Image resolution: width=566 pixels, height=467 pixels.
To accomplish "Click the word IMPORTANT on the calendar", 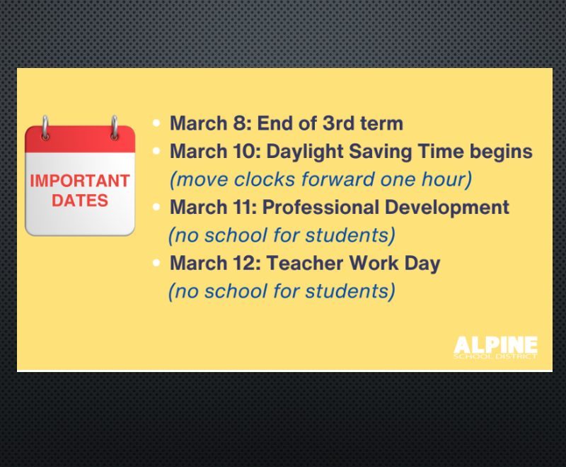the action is (80, 181).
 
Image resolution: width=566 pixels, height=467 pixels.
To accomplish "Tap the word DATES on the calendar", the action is (80, 201).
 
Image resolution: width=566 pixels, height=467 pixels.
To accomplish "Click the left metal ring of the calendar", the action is (45, 128).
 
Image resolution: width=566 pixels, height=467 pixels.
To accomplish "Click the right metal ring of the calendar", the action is (114, 128).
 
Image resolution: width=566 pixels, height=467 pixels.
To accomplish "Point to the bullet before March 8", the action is (156, 123).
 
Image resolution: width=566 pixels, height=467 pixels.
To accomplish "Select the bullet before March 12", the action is (156, 263).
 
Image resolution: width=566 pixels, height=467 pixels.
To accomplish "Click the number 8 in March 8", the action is (239, 123).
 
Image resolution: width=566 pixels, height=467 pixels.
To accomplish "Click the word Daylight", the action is (305, 152).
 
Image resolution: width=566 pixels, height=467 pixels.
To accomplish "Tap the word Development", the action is (447, 208).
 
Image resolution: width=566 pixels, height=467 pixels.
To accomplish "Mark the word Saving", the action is (381, 152).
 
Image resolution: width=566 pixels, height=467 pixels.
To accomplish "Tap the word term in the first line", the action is (381, 123).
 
